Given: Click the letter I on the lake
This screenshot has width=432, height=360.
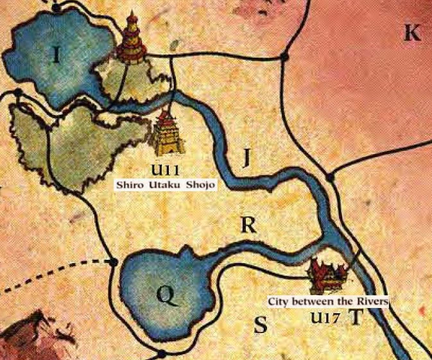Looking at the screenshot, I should click(57, 55).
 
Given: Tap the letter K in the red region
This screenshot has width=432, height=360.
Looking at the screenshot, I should click(411, 33).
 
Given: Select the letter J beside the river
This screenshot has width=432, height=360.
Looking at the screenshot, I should click(246, 157).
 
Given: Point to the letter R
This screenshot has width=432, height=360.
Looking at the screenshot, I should click(248, 224).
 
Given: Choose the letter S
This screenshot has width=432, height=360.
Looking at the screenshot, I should click(259, 325).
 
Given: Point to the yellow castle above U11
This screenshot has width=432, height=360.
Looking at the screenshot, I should click(168, 133).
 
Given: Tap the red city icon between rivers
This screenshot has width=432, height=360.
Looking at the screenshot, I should click(329, 274).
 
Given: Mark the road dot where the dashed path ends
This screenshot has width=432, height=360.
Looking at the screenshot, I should click(114, 262).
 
